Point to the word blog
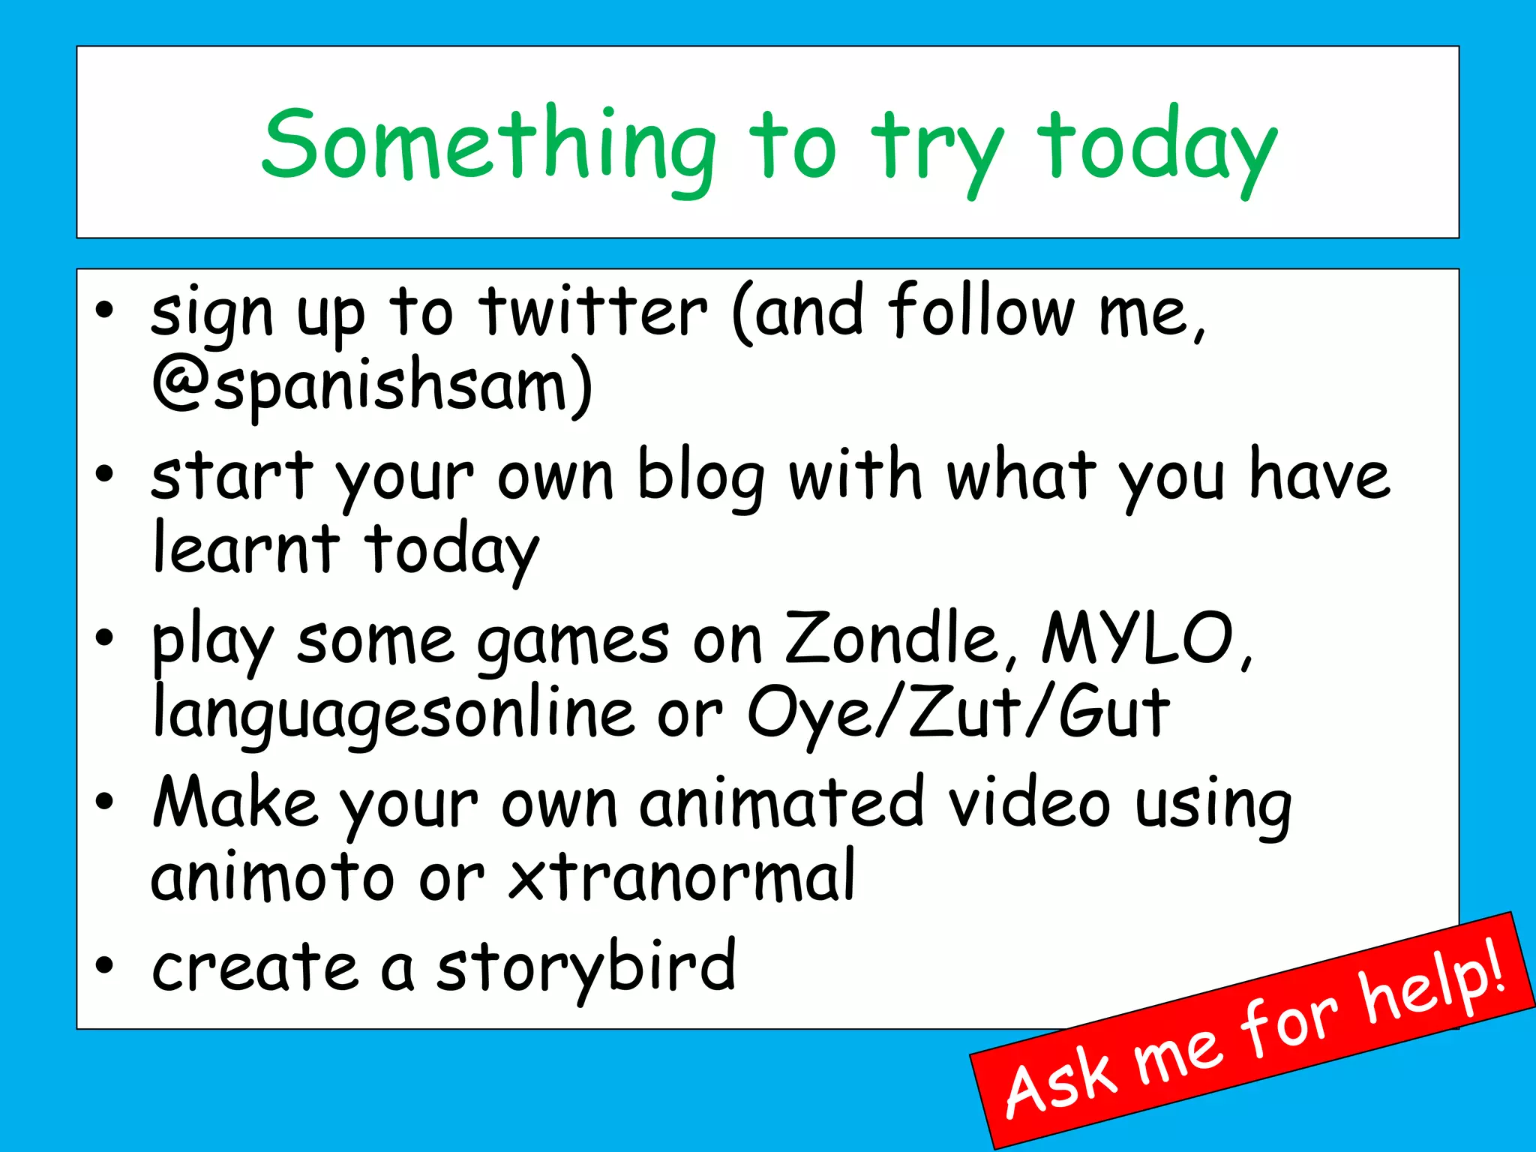coord(701,477)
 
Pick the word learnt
coord(246,548)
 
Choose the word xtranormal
coord(682,877)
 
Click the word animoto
coord(272,877)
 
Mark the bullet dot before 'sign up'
coord(104,309)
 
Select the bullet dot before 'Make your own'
coord(104,802)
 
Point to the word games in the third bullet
coord(573,642)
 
